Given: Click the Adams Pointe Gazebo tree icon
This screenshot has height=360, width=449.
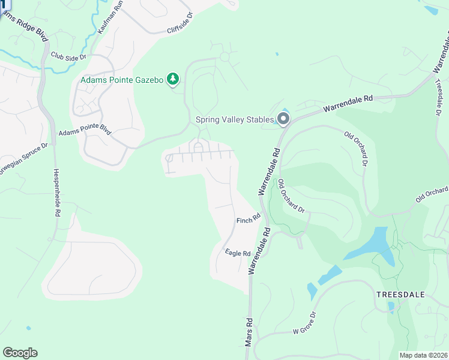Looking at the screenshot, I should [x=173, y=79].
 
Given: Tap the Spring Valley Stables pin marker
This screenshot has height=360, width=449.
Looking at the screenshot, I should [x=283, y=119].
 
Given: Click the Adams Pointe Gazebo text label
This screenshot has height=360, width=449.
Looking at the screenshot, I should [x=122, y=79].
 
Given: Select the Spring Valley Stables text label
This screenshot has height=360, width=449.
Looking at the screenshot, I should [x=235, y=119].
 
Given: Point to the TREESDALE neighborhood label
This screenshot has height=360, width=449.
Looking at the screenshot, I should [x=400, y=295].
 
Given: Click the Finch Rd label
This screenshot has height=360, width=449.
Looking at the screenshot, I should [x=248, y=220].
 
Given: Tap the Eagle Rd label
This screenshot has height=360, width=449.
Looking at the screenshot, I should [x=238, y=253].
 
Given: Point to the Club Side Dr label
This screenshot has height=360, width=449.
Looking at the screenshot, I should [x=69, y=56].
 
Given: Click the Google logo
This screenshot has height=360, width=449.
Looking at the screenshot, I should [x=20, y=353].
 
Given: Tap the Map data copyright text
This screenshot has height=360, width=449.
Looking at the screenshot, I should [x=424, y=355].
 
